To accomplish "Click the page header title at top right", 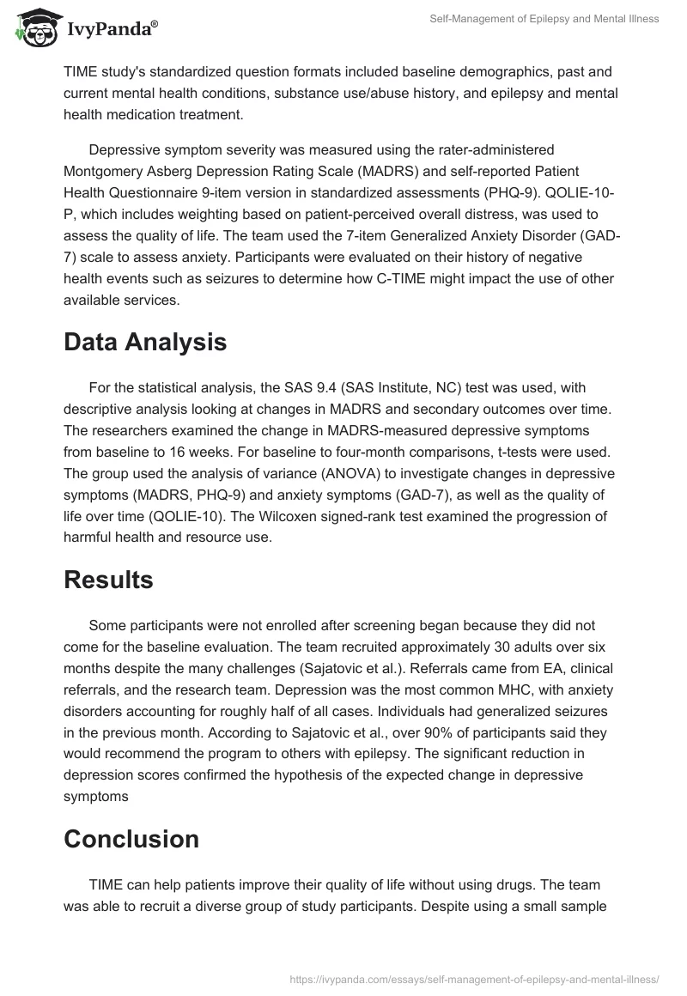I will click(x=544, y=19).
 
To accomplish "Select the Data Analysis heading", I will click(x=145, y=342).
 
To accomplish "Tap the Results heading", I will click(x=108, y=580).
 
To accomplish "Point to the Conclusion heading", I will click(x=131, y=838).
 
